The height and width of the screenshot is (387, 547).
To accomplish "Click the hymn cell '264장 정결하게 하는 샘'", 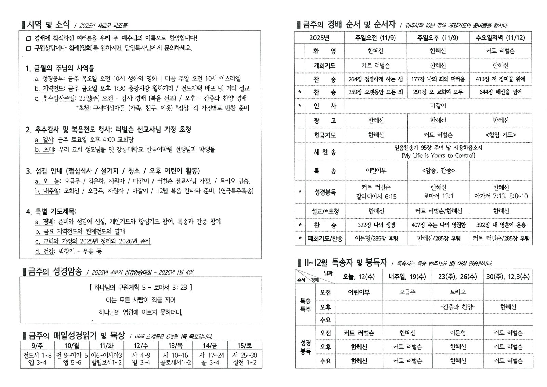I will (x=375, y=79).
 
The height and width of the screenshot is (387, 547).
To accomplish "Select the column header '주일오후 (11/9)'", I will (x=438, y=38).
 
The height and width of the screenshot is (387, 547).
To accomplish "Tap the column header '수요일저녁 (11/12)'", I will (x=500, y=38).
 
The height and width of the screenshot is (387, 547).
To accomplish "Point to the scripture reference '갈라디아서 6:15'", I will (x=376, y=196).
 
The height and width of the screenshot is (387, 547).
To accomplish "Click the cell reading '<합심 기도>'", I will (x=501, y=135).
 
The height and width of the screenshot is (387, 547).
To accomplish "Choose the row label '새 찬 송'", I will (x=325, y=152).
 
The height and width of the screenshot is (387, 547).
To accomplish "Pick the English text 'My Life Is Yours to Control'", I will (x=438, y=156).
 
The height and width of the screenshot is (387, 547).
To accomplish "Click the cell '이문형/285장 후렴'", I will (x=376, y=238).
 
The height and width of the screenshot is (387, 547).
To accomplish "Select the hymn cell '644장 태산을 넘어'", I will (x=501, y=92).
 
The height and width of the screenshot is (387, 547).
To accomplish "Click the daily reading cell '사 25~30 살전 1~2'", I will (x=244, y=359).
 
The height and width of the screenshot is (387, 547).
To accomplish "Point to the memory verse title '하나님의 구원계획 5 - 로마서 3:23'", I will (x=141, y=287).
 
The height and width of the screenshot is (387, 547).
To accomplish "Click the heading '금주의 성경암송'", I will (x=55, y=272).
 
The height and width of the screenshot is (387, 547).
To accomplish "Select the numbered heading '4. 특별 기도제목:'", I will (x=51, y=212).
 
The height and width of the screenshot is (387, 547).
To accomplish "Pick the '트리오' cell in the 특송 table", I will (x=458, y=292).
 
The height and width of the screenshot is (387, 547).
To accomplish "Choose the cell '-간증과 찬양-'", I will (x=458, y=307).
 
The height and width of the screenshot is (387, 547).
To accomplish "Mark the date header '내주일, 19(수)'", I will (x=407, y=277).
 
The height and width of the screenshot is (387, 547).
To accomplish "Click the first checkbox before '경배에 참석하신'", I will (x=28, y=38).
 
